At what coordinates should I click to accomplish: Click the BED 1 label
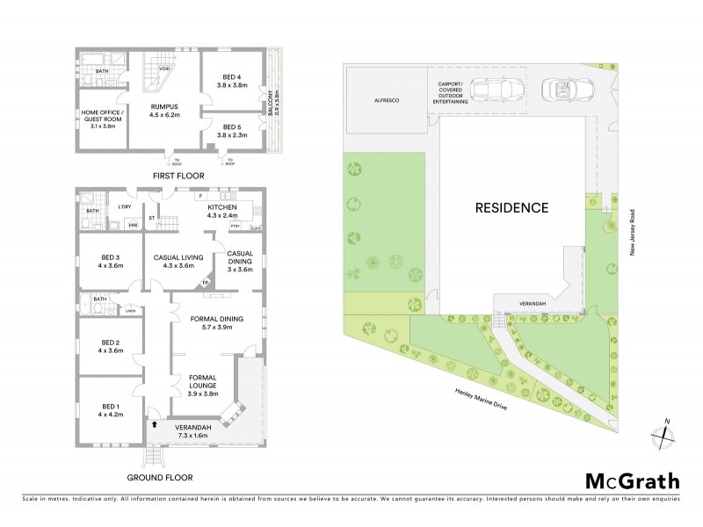(x=110, y=407)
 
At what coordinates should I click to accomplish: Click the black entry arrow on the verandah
(x=155, y=424)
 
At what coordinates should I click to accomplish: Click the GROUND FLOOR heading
(x=160, y=478)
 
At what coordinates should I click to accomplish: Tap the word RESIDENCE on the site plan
(x=511, y=209)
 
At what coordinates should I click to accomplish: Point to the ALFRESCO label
(x=388, y=102)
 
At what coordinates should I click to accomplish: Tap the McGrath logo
(x=632, y=480)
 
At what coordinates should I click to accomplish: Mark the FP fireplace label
(x=207, y=283)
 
